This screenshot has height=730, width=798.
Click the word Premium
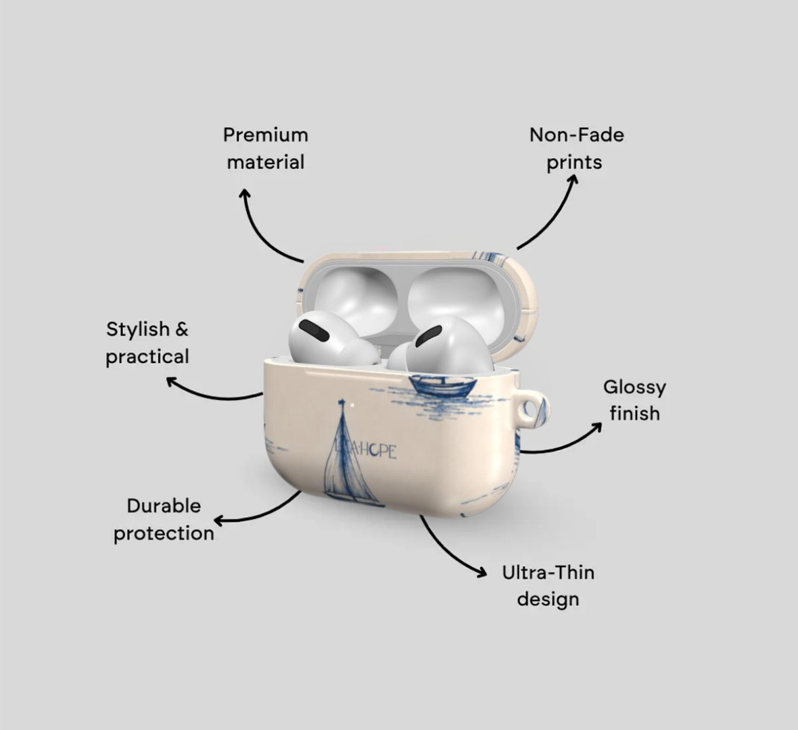point(266,135)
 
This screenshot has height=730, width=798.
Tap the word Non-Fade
point(577,135)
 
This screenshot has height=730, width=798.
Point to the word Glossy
point(634,387)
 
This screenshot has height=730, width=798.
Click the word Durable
point(164,506)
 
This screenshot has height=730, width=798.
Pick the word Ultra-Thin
point(548,573)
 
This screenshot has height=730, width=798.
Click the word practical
point(147,357)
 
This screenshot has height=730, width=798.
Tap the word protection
point(164,533)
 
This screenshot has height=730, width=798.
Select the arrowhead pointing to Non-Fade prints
point(573,180)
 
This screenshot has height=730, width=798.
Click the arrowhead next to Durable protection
point(219,521)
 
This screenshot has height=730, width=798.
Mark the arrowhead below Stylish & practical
point(172,381)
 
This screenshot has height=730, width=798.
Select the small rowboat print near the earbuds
point(443,387)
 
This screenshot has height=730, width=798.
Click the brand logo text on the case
point(367,451)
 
